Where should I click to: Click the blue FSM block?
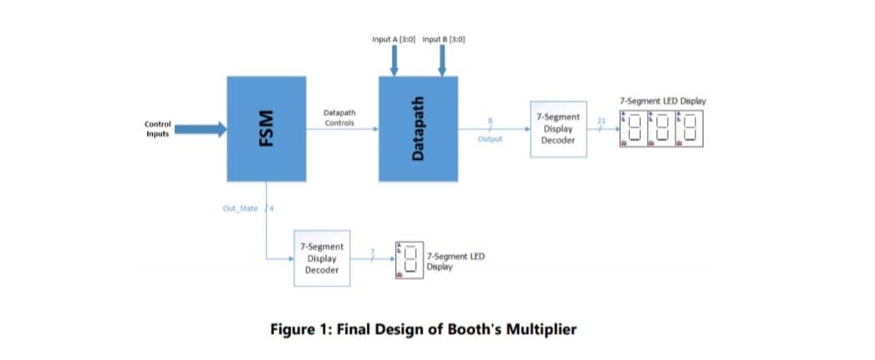click(x=267, y=129)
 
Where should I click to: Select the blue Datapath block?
click(x=418, y=129)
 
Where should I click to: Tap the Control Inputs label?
click(x=157, y=129)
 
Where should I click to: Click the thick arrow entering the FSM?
click(x=201, y=129)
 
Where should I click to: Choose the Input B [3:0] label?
click(x=444, y=39)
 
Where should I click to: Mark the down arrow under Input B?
click(x=443, y=60)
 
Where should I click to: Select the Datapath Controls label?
click(x=338, y=117)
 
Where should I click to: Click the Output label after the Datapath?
click(x=490, y=139)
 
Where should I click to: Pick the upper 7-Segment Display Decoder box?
click(x=557, y=129)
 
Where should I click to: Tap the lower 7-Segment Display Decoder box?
click(x=321, y=258)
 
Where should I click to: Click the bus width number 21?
click(x=601, y=121)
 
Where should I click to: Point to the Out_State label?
click(x=241, y=209)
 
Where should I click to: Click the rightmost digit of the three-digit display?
click(x=690, y=129)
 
